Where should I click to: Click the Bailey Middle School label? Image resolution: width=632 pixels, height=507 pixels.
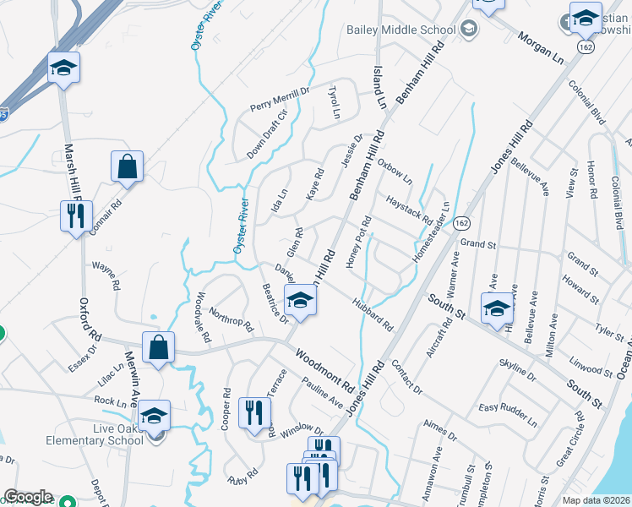pos(395,30)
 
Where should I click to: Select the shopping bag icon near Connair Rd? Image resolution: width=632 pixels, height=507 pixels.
pos(127,168)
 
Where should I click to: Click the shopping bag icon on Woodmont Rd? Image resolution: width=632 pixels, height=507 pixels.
pos(159,348)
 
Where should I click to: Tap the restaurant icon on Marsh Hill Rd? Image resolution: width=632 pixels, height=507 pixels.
pos(76,217)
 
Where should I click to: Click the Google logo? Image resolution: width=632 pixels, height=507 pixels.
pos(28,497)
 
